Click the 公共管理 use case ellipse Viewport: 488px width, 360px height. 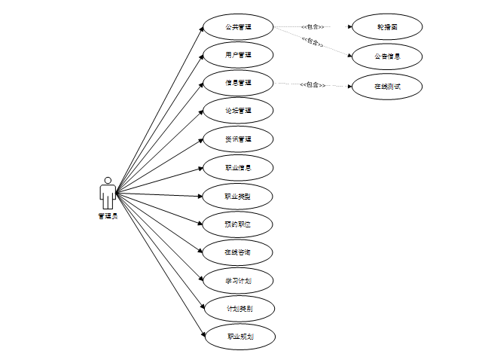click(238, 27)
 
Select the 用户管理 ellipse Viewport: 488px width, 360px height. click(238, 55)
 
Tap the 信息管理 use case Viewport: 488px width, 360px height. click(238, 83)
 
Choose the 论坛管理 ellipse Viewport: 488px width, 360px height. click(238, 111)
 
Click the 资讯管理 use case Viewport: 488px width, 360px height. click(238, 139)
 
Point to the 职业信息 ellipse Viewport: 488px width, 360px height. click(238, 168)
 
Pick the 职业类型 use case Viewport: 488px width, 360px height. click(238, 197)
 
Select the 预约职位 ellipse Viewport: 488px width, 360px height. click(238, 224)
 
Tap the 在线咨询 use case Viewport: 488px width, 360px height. click(238, 252)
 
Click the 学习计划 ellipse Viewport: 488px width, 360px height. click(238, 281)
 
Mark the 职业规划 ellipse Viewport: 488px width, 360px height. click(240, 337)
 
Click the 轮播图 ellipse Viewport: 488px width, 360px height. click(387, 27)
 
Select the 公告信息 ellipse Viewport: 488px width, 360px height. click(387, 56)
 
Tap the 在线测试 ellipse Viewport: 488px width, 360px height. click(387, 86)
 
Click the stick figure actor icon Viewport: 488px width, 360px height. click(108, 193)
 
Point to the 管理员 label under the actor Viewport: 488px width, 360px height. click(108, 216)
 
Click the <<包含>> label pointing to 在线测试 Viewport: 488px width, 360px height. click(313, 85)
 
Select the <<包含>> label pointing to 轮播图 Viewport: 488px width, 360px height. click(312, 27)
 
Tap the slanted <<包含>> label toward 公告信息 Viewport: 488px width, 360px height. click(313, 41)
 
